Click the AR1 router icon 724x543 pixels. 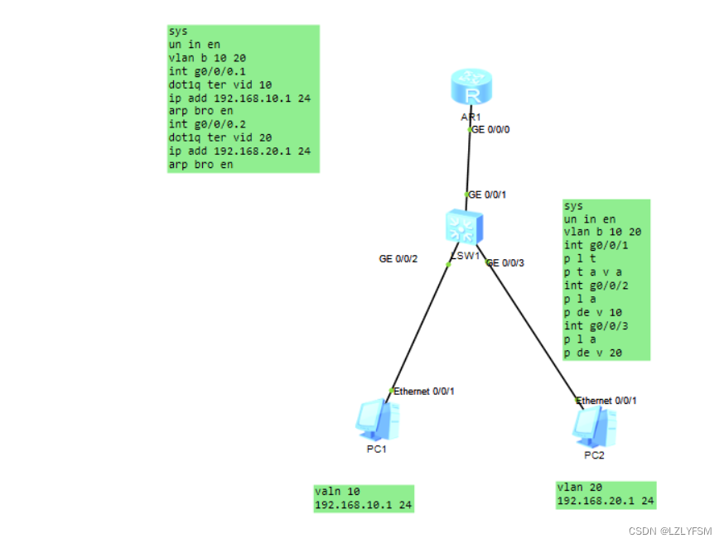coord(471,89)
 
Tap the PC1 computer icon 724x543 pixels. coord(378,420)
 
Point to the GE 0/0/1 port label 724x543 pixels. coord(487,195)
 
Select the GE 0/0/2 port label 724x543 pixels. coord(398,259)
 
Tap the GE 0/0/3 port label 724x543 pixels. coord(506,262)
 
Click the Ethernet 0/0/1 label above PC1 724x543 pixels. coord(424,391)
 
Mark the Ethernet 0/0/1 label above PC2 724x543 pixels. coord(607,401)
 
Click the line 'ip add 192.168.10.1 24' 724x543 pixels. coord(239,98)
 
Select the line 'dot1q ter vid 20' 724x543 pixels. coord(220,137)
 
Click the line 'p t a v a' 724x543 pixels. coord(592,271)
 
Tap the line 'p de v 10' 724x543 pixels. coord(592,312)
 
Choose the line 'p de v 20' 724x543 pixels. coord(593,353)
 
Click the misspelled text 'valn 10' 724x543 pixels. coord(337,491)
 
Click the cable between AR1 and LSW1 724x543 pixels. coord(469,161)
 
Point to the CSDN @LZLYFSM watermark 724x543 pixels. coord(670,531)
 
